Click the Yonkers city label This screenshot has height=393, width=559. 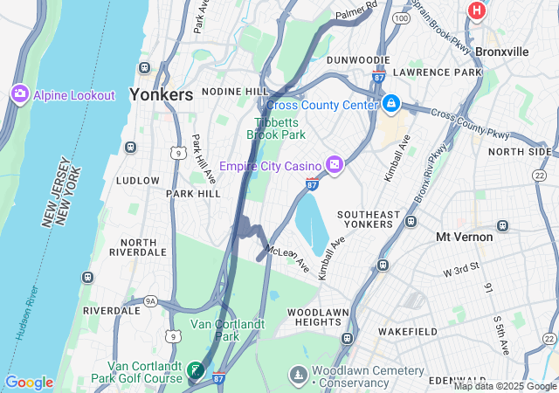[x=162, y=95]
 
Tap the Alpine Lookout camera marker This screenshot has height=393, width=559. [x=19, y=93]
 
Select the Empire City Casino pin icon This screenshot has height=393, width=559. [x=334, y=165]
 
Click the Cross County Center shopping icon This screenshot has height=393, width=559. [x=391, y=105]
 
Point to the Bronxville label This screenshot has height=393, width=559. [x=502, y=52]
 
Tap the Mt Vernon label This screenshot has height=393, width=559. [x=465, y=237]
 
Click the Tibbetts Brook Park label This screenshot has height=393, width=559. [x=276, y=129]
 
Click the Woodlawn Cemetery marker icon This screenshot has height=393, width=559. [x=299, y=375]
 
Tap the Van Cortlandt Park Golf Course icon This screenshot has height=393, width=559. [x=195, y=372]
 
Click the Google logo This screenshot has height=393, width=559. [x=29, y=383]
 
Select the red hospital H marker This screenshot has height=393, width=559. [x=477, y=10]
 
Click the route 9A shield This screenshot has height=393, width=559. [x=150, y=301]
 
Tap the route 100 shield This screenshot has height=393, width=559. [x=401, y=18]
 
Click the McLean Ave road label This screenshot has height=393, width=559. [x=287, y=257]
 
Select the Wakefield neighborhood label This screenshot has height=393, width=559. [x=408, y=332]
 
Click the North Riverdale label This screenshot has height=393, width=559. [x=144, y=247]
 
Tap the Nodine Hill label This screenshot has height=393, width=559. [x=235, y=91]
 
